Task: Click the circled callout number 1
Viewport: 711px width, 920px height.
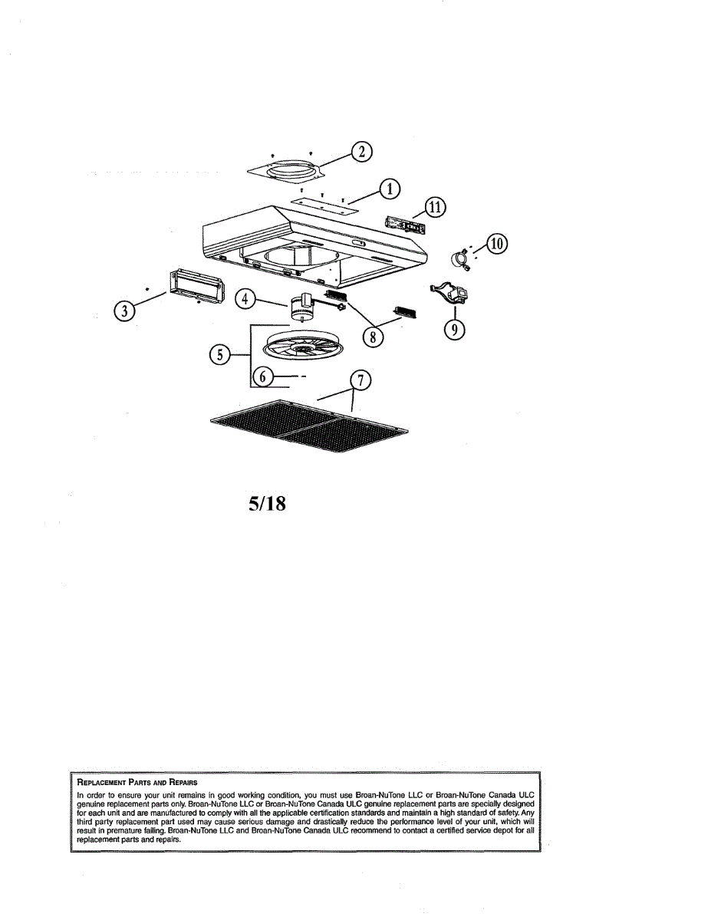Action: pyautogui.click(x=390, y=189)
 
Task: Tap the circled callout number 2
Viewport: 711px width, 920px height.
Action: pyautogui.click(x=362, y=152)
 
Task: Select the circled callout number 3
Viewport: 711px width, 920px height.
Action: pyautogui.click(x=124, y=311)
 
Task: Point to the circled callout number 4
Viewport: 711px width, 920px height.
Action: pyautogui.click(x=245, y=299)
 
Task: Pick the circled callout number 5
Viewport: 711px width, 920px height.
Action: pyautogui.click(x=220, y=354)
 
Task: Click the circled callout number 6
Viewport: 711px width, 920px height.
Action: pyautogui.click(x=263, y=376)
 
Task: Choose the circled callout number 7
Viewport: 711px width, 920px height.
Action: pyautogui.click(x=360, y=380)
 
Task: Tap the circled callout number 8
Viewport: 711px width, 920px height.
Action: pyautogui.click(x=373, y=338)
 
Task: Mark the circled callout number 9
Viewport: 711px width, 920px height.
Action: pyautogui.click(x=454, y=330)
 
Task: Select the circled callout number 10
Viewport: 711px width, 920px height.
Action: pyautogui.click(x=497, y=245)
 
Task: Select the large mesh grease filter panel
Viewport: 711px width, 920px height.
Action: pyautogui.click(x=310, y=426)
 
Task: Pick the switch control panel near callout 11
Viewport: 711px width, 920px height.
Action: pyautogui.click(x=405, y=225)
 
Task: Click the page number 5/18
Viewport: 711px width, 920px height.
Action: pyautogui.click(x=267, y=504)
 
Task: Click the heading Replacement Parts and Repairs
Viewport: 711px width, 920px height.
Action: pyautogui.click(x=137, y=782)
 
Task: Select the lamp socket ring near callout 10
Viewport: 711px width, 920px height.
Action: pyautogui.click(x=459, y=259)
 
